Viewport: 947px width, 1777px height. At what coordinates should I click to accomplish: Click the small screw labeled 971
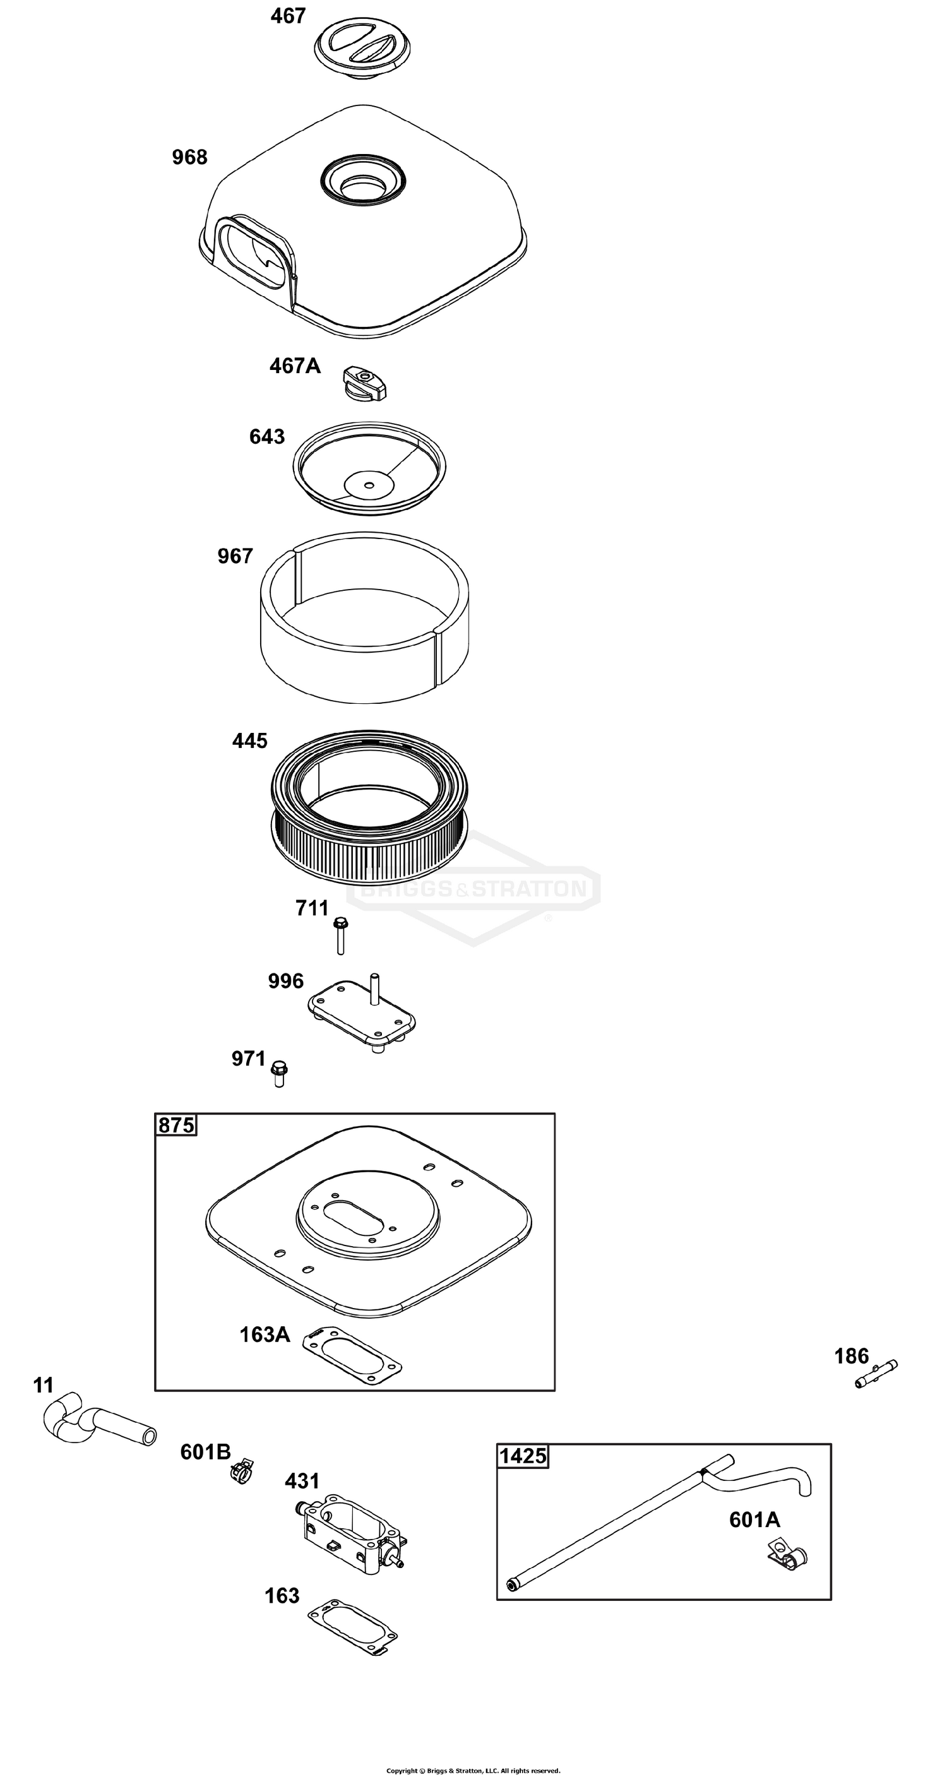click(278, 1072)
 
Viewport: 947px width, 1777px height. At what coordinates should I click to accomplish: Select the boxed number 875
click(176, 1125)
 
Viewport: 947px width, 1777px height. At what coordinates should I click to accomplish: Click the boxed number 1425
click(523, 1456)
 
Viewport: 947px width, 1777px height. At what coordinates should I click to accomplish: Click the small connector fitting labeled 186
click(876, 1373)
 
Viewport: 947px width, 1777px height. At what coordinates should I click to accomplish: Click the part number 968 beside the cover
click(189, 158)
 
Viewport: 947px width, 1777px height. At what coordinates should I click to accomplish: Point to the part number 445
click(249, 741)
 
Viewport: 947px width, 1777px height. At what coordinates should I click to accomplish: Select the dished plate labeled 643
click(369, 468)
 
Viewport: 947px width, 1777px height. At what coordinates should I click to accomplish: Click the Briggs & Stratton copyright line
click(473, 1765)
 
